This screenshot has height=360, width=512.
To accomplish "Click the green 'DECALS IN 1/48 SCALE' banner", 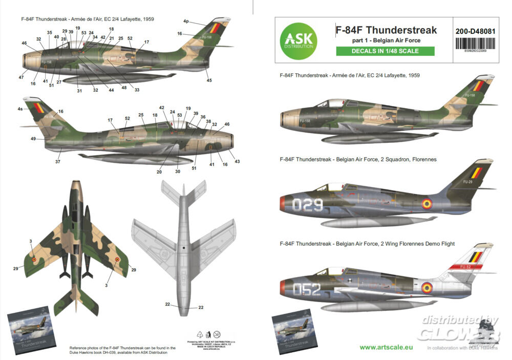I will [385, 51].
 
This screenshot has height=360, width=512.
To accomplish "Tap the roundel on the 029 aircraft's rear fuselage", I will [426, 204].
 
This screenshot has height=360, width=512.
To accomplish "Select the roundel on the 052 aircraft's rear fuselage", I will [426, 287].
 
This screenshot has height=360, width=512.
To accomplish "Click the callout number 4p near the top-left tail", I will [186, 22].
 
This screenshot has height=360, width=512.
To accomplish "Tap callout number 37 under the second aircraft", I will [58, 161].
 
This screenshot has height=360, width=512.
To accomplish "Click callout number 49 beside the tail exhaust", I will [33, 139].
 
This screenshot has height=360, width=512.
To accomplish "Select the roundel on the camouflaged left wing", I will [34, 260].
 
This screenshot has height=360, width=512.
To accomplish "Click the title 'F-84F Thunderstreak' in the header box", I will [386, 30].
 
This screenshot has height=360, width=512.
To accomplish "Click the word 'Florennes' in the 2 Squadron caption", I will [421, 159].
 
